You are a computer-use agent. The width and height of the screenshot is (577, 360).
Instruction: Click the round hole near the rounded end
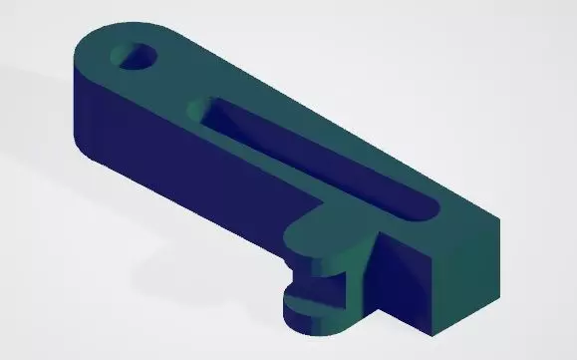[138, 58]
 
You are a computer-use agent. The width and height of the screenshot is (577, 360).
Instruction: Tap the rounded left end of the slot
[202, 107]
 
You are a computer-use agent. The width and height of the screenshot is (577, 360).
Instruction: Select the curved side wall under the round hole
[90, 120]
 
